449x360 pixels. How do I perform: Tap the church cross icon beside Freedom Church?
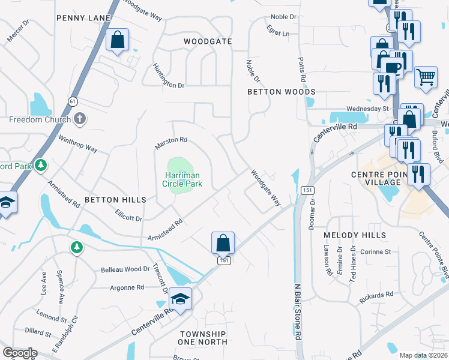point(78,119)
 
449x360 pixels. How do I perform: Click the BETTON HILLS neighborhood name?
point(115,200)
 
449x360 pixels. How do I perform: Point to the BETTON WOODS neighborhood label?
point(282,92)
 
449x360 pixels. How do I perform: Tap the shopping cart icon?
point(426,76)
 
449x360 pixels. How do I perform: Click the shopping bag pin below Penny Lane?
point(118,41)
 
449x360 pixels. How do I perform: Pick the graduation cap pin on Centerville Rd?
point(180,298)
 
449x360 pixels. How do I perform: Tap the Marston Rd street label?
point(171,143)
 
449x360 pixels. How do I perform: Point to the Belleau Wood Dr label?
point(124,269)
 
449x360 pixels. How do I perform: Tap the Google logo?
point(20,352)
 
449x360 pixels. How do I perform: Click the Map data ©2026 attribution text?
point(423,355)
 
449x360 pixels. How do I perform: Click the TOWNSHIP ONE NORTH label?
point(202,338)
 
